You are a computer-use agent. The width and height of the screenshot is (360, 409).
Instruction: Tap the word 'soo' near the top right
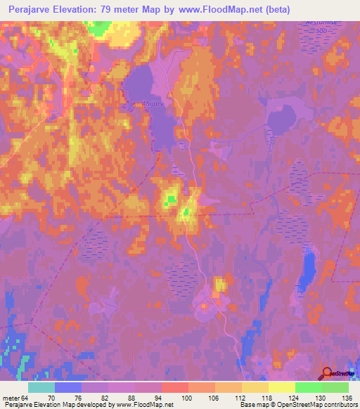pos(322,32)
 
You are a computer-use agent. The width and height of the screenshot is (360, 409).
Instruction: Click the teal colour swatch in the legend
pos(41,387)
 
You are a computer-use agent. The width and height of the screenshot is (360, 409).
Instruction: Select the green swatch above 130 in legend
pos(308,387)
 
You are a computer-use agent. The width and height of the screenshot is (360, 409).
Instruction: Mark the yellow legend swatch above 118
pos(255,387)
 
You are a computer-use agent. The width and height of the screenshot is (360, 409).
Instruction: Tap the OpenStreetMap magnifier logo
pos(328,374)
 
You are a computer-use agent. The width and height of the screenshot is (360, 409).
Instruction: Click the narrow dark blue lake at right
pos(309,272)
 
